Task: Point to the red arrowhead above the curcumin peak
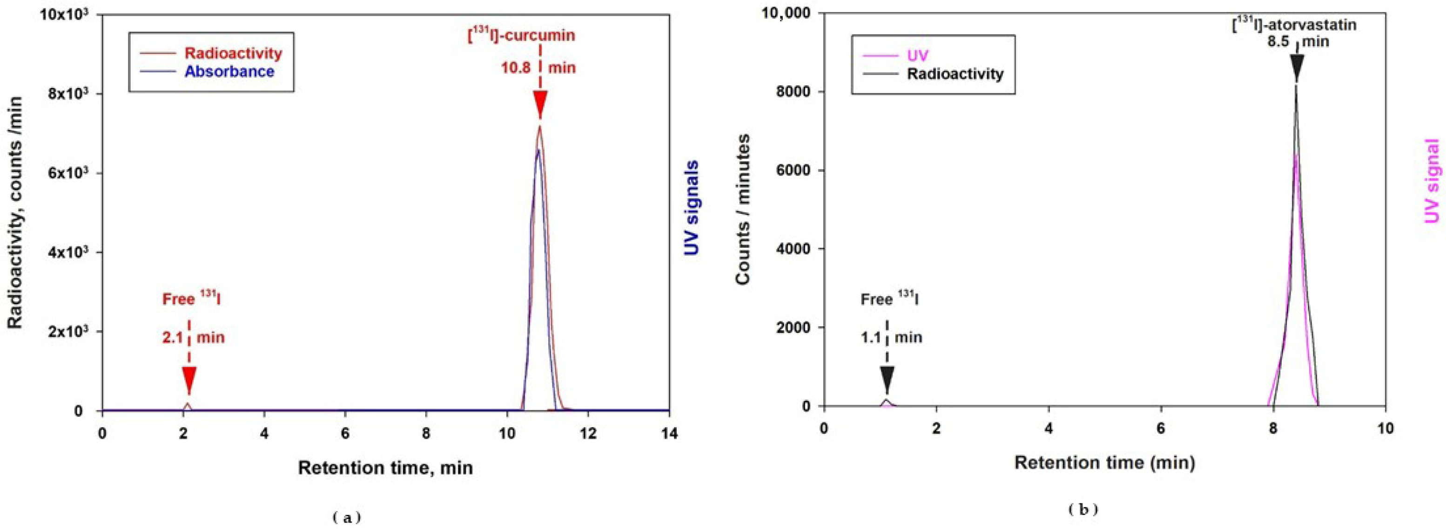pyautogui.click(x=540, y=105)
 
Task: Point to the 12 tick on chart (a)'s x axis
pyautogui.click(x=588, y=434)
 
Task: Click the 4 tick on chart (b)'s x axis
pyautogui.click(x=1049, y=429)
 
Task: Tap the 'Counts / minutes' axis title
pyautogui.click(x=743, y=210)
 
